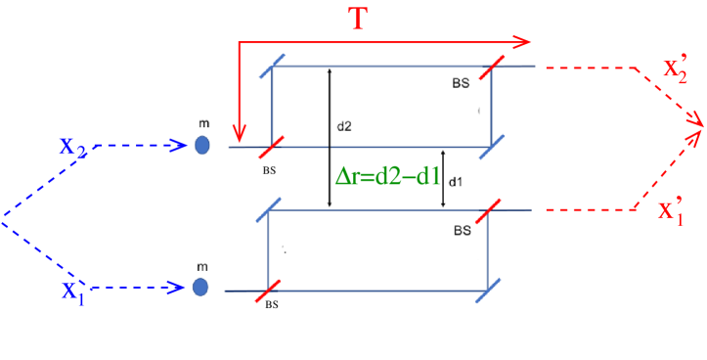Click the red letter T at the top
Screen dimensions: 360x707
pyautogui.click(x=359, y=21)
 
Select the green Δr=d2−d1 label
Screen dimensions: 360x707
pyautogui.click(x=386, y=177)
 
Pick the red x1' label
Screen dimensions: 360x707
pyautogui.click(x=671, y=212)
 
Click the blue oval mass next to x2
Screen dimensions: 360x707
pyautogui.click(x=202, y=145)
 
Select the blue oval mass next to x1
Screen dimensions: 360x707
pyautogui.click(x=200, y=287)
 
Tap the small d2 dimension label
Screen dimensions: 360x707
pyautogui.click(x=344, y=126)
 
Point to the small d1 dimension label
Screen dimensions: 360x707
pyautogui.click(x=455, y=181)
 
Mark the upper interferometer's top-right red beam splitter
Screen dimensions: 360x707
pyautogui.click(x=492, y=67)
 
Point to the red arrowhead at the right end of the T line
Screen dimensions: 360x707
pyautogui.click(x=525, y=43)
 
